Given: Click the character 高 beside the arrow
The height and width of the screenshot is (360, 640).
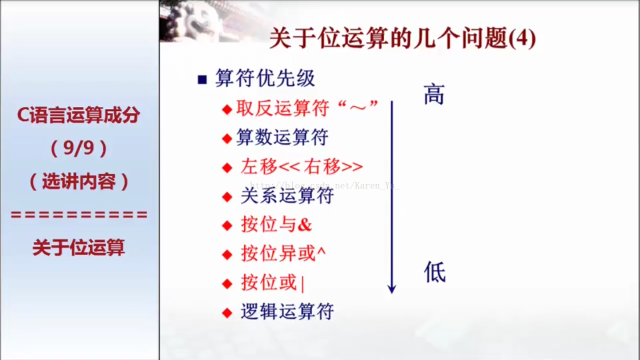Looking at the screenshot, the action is (x=433, y=94).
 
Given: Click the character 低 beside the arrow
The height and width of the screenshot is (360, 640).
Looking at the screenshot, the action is (x=434, y=272).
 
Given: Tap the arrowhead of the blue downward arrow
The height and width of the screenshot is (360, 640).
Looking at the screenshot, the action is (x=391, y=288).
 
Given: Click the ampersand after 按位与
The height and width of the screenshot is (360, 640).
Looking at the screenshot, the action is (x=304, y=225).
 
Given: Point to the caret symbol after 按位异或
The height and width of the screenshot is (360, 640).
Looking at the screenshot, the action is (x=321, y=251).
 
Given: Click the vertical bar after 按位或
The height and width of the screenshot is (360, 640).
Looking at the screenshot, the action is (x=302, y=283).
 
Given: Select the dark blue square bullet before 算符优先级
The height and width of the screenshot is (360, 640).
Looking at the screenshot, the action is (x=202, y=79).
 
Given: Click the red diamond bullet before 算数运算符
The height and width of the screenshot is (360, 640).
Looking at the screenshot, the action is (x=227, y=138).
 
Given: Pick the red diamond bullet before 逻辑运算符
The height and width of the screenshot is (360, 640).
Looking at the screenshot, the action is (x=227, y=313).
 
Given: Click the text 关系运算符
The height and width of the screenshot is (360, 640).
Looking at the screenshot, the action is (x=287, y=195).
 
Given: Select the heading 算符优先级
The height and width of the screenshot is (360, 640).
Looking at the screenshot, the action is (x=265, y=77).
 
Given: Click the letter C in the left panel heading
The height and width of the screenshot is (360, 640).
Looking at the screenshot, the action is (x=23, y=115).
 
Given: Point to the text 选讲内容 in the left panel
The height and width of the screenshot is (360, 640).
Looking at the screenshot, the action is (x=79, y=181).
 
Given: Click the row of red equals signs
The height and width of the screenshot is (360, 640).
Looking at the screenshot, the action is (x=79, y=214).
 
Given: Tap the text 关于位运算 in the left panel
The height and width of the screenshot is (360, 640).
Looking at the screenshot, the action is (x=78, y=247).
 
